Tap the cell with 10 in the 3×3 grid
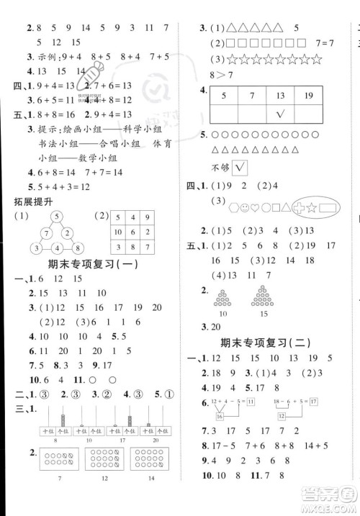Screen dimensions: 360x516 117,232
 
